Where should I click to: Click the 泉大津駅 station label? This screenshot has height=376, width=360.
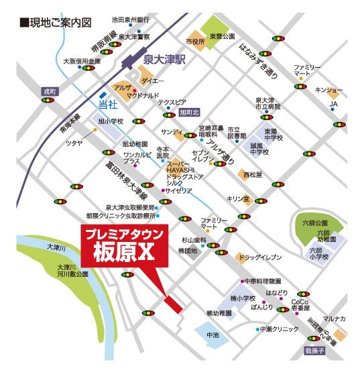[x=164, y=60]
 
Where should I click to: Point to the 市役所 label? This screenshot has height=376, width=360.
[x=195, y=42]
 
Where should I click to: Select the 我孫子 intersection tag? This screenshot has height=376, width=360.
[x=314, y=351]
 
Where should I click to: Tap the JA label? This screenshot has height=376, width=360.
[x=333, y=105]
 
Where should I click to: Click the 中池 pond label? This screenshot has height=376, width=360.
[x=213, y=334]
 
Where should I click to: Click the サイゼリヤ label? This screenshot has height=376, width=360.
[x=179, y=191]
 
